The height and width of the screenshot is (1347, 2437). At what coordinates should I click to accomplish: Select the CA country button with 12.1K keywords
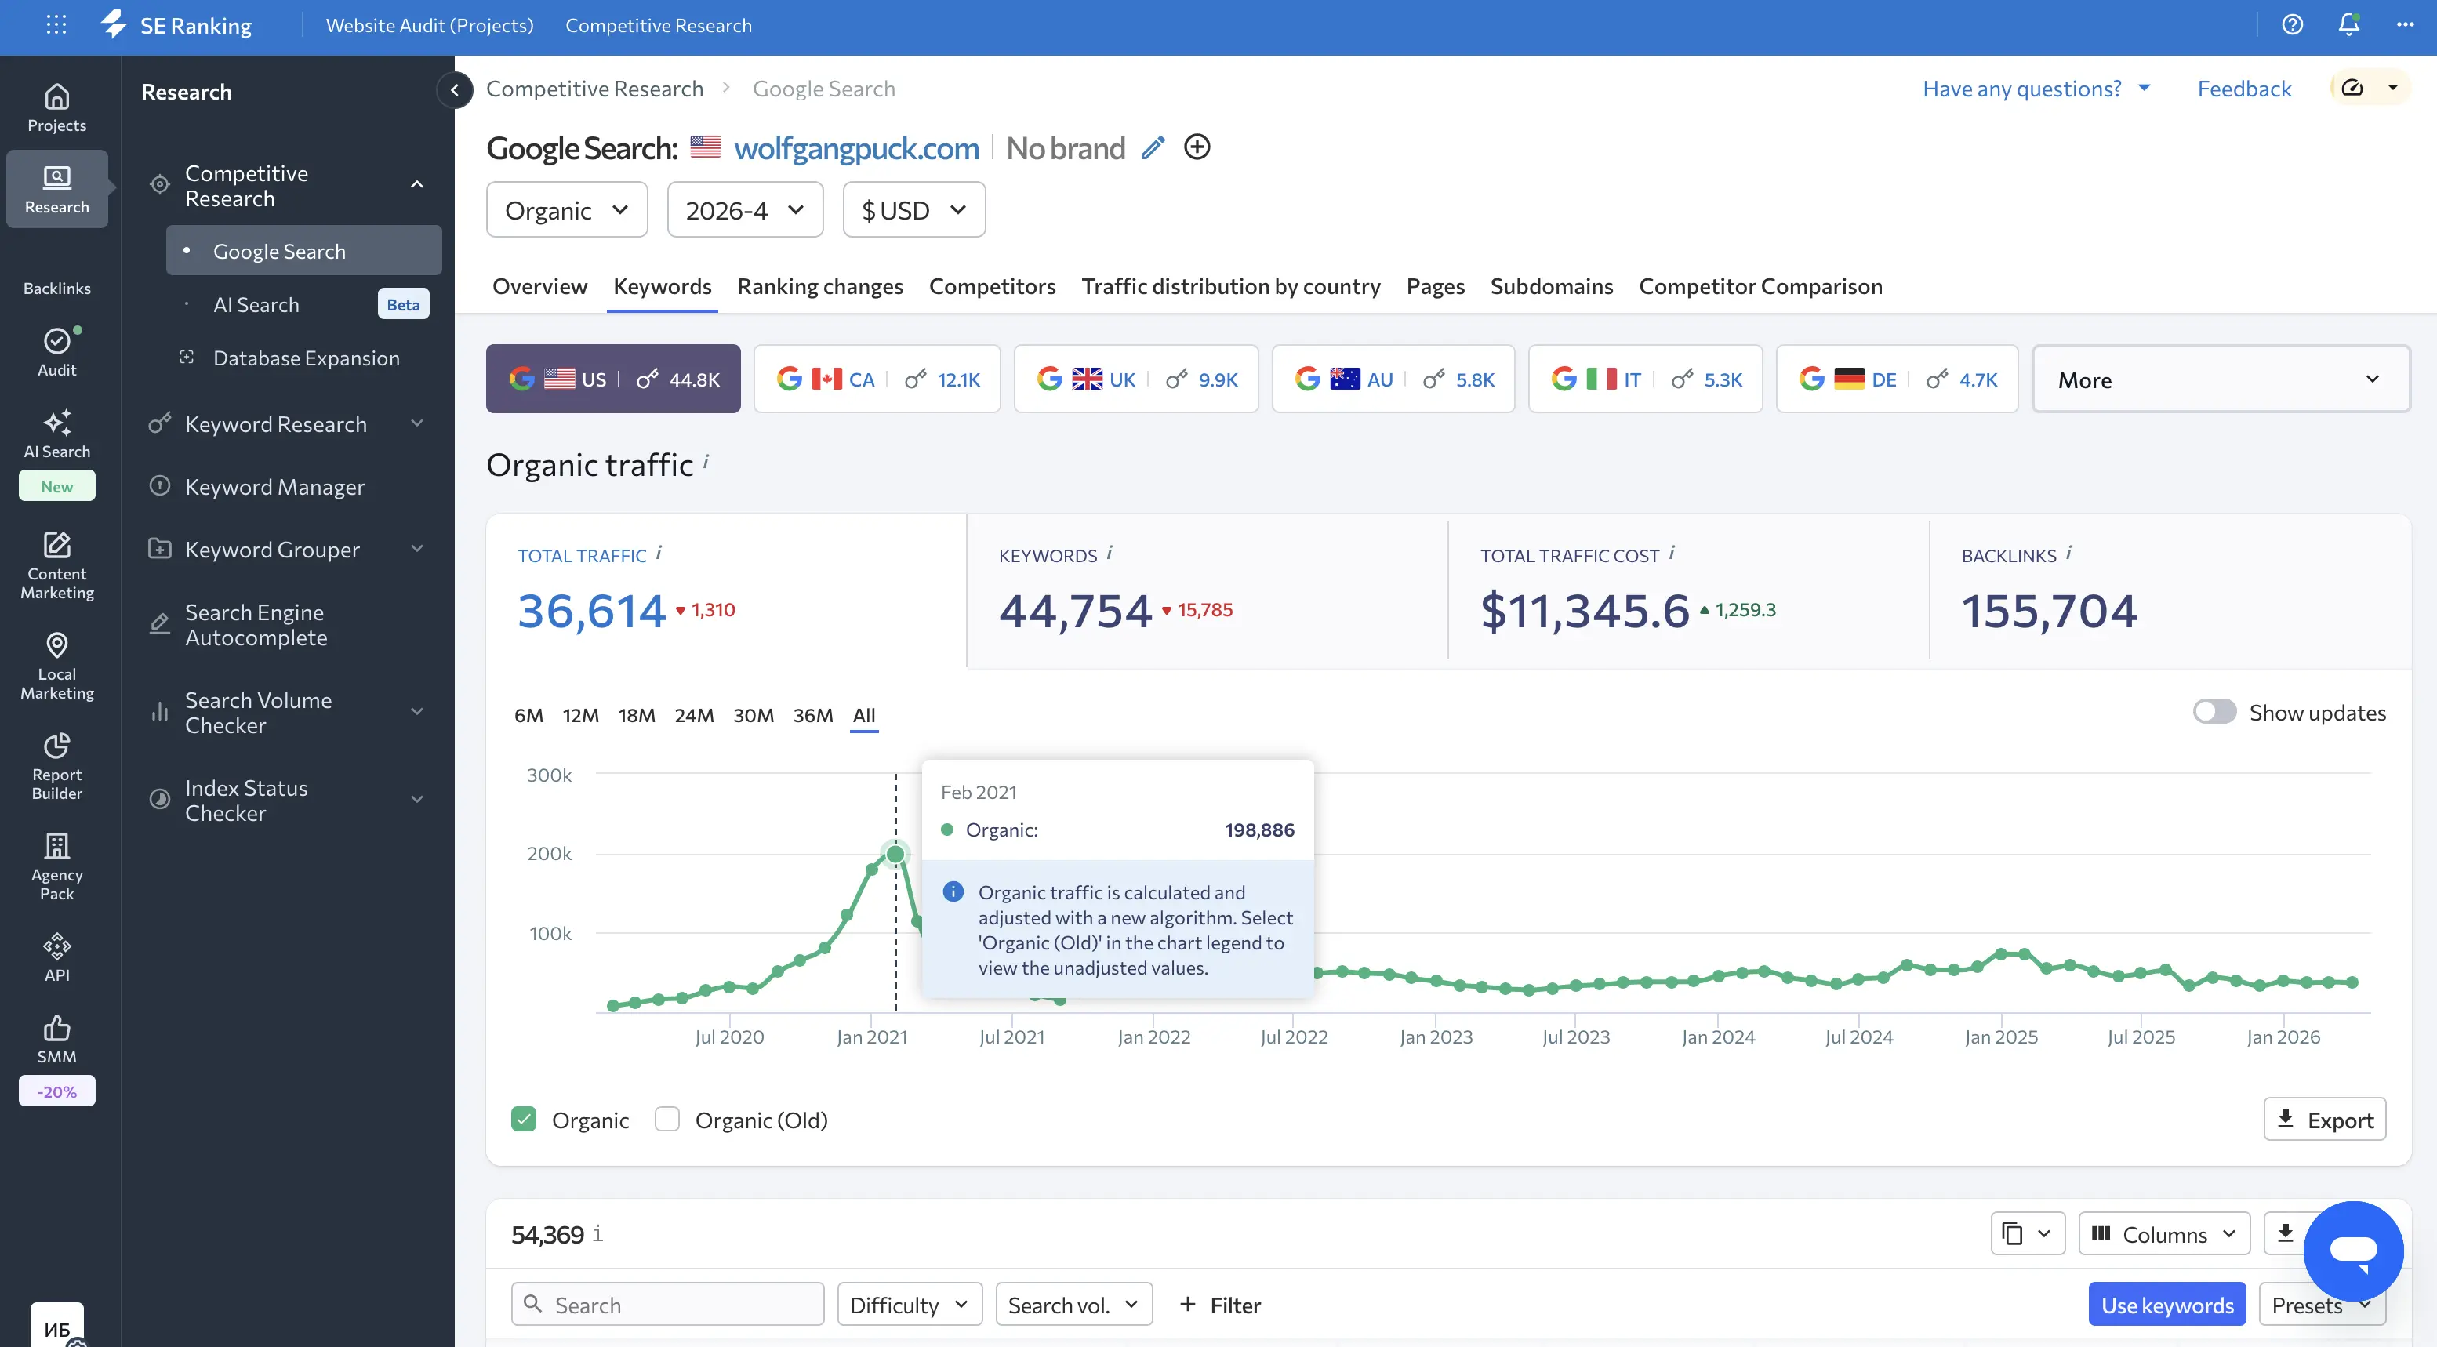pyautogui.click(x=876, y=379)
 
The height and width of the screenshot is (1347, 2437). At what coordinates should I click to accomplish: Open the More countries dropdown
pyautogui.click(x=2219, y=379)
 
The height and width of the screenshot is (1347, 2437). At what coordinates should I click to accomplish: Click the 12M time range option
pyautogui.click(x=580, y=715)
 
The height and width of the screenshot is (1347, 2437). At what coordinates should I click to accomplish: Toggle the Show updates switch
pyautogui.click(x=2214, y=712)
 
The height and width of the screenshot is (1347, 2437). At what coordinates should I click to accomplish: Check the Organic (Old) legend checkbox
pyautogui.click(x=667, y=1120)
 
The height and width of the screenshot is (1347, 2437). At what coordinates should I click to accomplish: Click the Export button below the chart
pyautogui.click(x=2323, y=1120)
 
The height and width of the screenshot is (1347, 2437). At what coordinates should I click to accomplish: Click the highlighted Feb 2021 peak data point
pyautogui.click(x=895, y=854)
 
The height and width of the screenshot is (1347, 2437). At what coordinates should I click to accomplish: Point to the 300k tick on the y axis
pyautogui.click(x=549, y=775)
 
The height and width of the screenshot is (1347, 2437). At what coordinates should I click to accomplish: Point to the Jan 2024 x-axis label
pyautogui.click(x=1718, y=1037)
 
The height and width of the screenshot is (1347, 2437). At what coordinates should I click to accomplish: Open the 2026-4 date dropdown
pyautogui.click(x=745, y=210)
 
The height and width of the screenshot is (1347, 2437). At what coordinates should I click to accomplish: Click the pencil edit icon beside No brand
pyautogui.click(x=1153, y=147)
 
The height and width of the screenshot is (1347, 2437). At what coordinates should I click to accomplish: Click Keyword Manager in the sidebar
pyautogui.click(x=274, y=487)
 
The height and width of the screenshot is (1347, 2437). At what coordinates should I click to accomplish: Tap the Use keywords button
pyautogui.click(x=2166, y=1305)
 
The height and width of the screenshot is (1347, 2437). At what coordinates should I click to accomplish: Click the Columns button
pyautogui.click(x=2163, y=1233)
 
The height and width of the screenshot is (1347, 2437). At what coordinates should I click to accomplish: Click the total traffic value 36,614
pyautogui.click(x=591, y=610)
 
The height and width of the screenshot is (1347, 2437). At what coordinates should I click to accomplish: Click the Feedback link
pyautogui.click(x=2243, y=89)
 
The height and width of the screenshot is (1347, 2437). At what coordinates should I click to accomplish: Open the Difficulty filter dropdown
pyautogui.click(x=908, y=1305)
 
